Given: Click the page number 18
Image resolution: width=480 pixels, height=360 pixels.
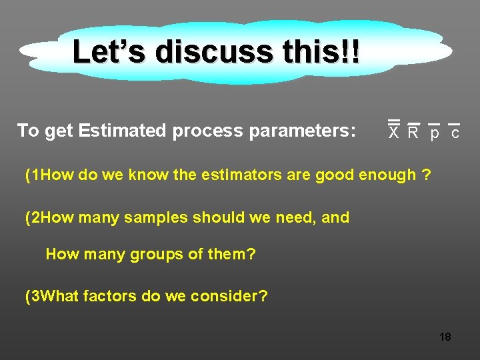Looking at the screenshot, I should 445,337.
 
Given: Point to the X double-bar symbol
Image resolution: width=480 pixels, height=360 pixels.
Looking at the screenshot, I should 394,131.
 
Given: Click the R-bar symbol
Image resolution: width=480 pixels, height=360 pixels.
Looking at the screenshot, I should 413,131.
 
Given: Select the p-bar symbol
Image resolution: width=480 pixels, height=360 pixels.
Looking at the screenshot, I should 434,132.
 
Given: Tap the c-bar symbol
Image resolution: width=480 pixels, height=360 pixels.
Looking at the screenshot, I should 455,132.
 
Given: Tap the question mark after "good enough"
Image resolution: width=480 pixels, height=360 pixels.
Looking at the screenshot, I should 426,175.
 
